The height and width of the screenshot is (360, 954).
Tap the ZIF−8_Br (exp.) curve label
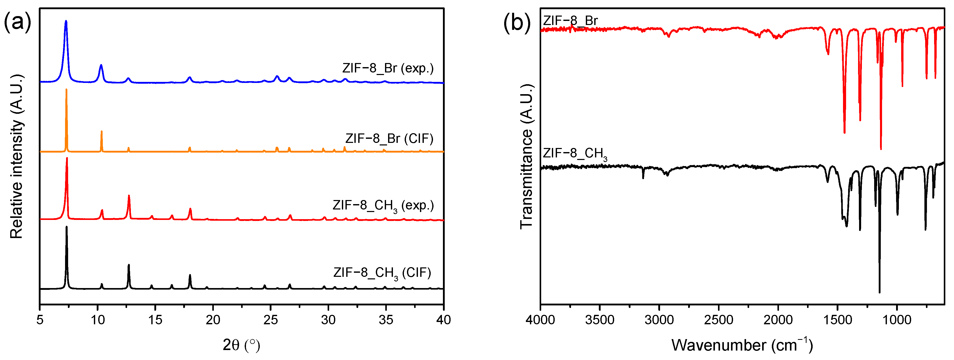tap(388, 68)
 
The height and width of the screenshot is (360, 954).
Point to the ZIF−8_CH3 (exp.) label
tap(383, 206)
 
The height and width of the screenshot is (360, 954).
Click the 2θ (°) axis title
tap(241, 345)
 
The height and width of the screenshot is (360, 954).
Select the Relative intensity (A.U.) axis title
tap(16, 157)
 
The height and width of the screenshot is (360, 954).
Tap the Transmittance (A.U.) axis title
tap(526, 157)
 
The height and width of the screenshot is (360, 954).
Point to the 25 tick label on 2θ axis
tap(270, 320)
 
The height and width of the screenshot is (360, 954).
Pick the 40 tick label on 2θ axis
tap(443, 320)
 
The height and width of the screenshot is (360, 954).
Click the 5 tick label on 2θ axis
tap(40, 320)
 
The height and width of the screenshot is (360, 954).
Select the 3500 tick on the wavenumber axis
tap(600, 320)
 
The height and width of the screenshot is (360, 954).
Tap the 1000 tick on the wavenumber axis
tap(897, 320)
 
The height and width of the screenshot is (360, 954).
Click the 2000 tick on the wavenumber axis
tap(778, 320)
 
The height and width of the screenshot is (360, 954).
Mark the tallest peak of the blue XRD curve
tap(66, 21)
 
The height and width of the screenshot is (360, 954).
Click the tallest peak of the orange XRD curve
tap(66, 90)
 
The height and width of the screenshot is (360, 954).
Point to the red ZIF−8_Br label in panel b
tap(570, 20)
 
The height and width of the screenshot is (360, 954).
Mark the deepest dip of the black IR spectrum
tap(879, 292)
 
